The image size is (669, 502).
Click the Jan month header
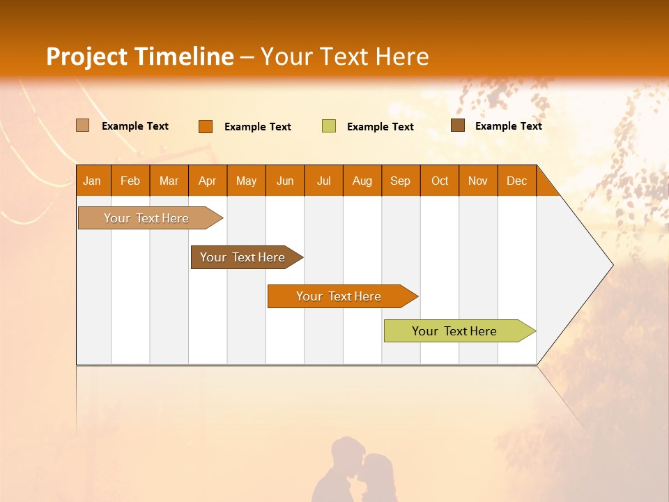(92, 181)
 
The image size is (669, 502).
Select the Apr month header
(207, 181)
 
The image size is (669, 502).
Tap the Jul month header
(323, 181)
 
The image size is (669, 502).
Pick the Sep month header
(400, 181)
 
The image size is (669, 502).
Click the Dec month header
(516, 181)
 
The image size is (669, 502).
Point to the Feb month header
(130, 181)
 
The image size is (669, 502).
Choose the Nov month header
(477, 181)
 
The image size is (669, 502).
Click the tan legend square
(82, 125)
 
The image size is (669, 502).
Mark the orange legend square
(205, 126)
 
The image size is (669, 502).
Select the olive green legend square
(329, 126)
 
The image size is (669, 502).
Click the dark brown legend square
(457, 125)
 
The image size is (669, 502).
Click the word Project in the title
(88, 56)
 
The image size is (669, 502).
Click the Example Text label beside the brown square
(508, 126)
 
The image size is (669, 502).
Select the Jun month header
(285, 181)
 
